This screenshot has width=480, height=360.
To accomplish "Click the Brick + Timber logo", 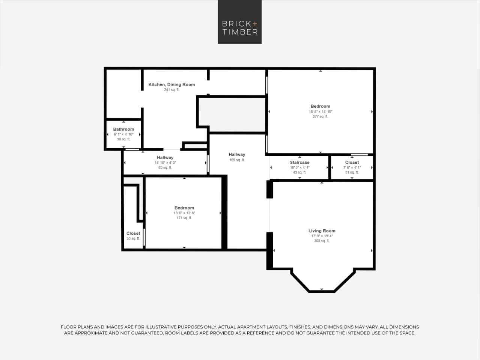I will coord(240,22).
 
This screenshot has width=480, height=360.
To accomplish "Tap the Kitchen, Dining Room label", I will coord(172,84).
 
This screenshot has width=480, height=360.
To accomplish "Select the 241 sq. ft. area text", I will coord(172,90).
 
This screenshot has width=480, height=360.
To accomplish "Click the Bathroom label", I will coord(123,129).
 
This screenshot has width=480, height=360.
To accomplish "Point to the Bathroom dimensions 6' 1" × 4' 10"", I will coord(123,134).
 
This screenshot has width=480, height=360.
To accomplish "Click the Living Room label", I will coord(322,231).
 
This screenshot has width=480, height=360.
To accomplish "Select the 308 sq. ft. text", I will coord(322,241).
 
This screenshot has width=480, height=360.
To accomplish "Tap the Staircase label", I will coord(299,163).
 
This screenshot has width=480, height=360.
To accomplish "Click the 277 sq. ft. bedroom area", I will coord(320,117).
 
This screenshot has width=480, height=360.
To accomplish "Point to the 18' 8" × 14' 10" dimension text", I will coord(320,111).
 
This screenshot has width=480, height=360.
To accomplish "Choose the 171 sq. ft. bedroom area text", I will coord(184,218).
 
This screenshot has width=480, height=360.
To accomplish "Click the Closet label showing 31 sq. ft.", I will coord(352,163).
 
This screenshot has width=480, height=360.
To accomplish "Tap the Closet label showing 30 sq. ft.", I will coord(133,233).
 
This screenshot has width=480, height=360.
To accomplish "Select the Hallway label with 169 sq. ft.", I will coord(237,154).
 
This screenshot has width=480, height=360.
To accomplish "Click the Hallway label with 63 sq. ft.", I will coord(165,158).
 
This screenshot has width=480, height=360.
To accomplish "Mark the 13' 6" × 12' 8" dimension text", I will coord(184,213).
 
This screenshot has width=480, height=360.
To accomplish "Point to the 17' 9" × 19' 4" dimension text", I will coord(322,236).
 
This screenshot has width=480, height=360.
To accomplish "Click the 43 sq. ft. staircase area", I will coord(299,173).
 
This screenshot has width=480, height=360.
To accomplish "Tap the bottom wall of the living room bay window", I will coord(322,291).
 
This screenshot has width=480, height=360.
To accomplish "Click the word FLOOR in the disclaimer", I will coord(68,327).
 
